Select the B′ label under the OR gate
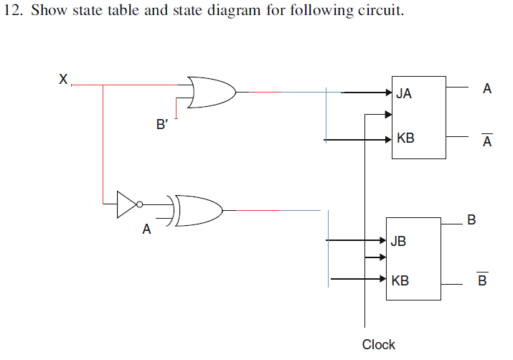coord(162,124)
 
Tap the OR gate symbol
coord(212,91)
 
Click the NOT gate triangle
coord(126,204)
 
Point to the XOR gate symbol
coord(197,211)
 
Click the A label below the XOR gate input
coord(146,230)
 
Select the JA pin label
coord(404,93)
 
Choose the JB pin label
coord(398,242)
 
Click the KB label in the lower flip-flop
coord(400,280)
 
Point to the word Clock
coord(378,345)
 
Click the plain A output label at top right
coord(487,89)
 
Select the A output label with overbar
coord(487,141)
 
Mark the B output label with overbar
coord(482,280)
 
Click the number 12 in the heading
coord(12,12)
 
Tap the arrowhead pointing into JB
coord(382,241)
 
